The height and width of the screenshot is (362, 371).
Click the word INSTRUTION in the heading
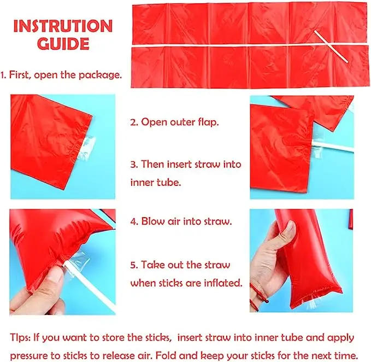pos(63,26)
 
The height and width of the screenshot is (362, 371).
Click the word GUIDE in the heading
pos(63,44)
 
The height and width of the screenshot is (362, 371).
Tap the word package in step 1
pos(100,75)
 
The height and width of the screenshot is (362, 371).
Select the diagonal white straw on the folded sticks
pos(331,46)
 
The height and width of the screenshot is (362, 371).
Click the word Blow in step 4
pos(152,221)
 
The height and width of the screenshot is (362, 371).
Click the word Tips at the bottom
pos(20,337)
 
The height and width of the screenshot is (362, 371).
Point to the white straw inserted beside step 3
pos(332,145)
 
